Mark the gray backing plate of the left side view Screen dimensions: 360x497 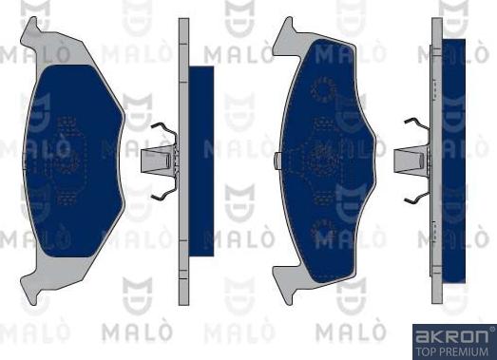coord(183,158)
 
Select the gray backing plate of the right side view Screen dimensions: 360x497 coord(436,158)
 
